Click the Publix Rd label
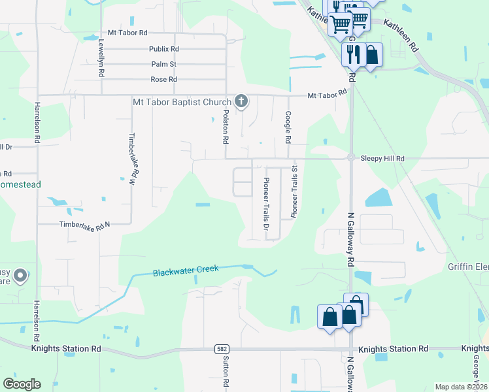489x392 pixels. (163, 49)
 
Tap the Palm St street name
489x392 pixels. (163, 64)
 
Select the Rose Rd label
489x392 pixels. (163, 79)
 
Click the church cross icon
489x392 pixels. (241, 101)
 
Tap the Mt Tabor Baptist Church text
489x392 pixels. (182, 102)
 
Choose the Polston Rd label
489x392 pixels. (225, 126)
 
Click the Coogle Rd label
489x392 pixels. (287, 127)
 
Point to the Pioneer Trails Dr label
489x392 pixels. (266, 204)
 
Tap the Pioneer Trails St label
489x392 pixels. (294, 191)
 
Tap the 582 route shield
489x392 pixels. (222, 350)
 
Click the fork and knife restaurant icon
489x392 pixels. (353, 54)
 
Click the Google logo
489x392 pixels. (22, 384)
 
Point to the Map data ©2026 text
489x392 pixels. (461, 387)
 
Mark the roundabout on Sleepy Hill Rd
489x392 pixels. (351, 157)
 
